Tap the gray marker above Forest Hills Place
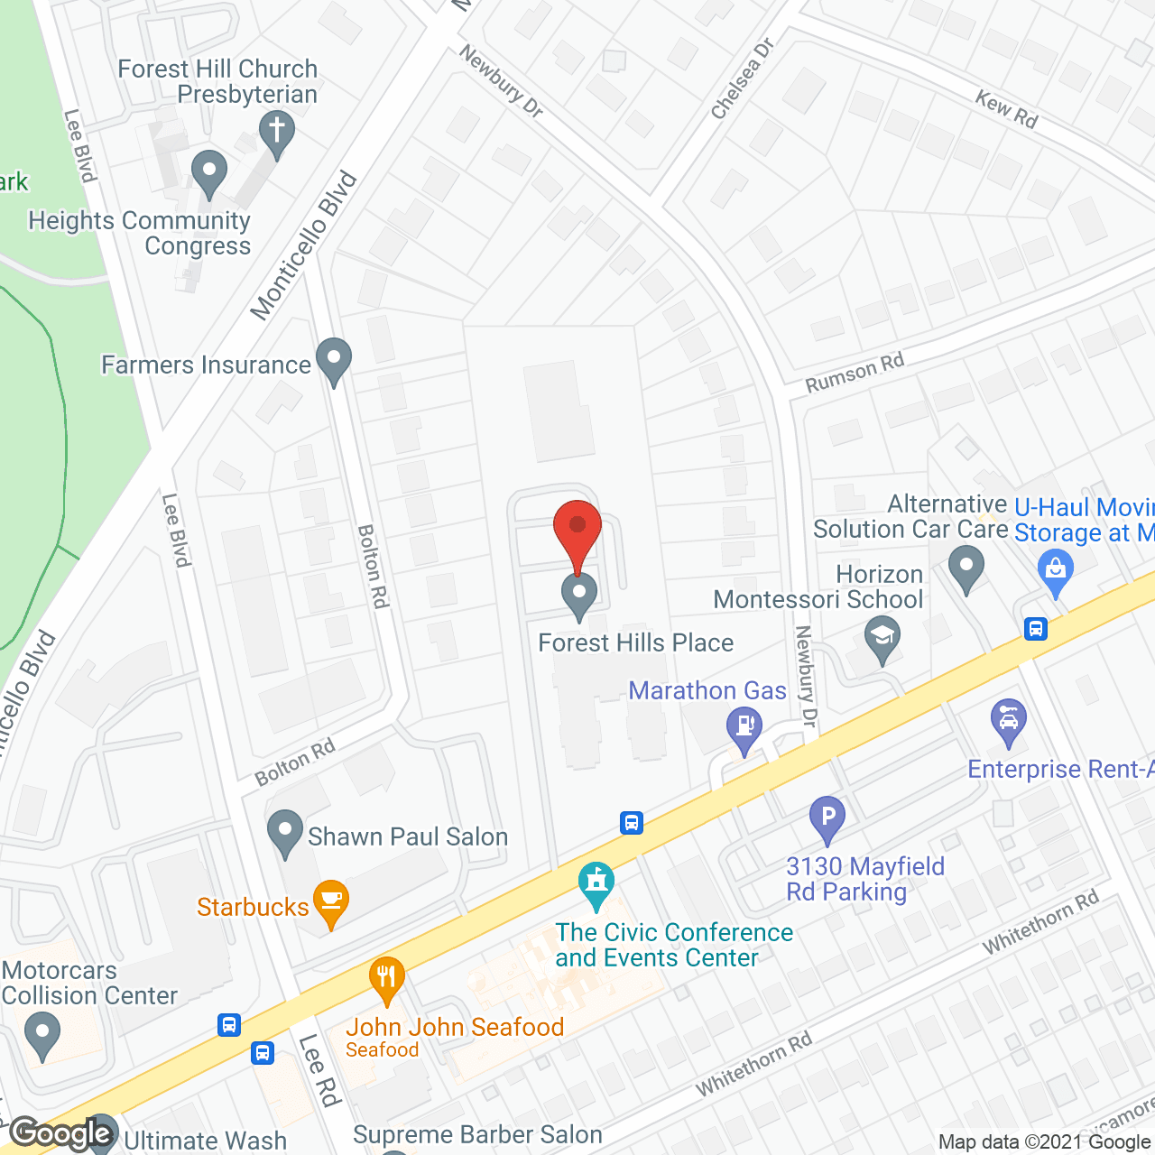click(579, 594)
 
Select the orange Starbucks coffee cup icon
click(331, 901)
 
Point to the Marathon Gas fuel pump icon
click(744, 727)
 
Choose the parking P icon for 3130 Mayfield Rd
click(827, 818)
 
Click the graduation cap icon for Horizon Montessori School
click(882, 637)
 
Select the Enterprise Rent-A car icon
click(1009, 721)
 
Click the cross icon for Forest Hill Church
click(277, 132)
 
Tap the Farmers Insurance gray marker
click(334, 359)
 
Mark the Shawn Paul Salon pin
click(285, 831)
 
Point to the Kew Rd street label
click(1006, 108)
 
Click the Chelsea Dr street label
click(743, 79)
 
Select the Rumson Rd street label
click(855, 374)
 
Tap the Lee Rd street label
click(319, 1071)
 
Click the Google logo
click(61, 1132)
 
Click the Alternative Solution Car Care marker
click(966, 568)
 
